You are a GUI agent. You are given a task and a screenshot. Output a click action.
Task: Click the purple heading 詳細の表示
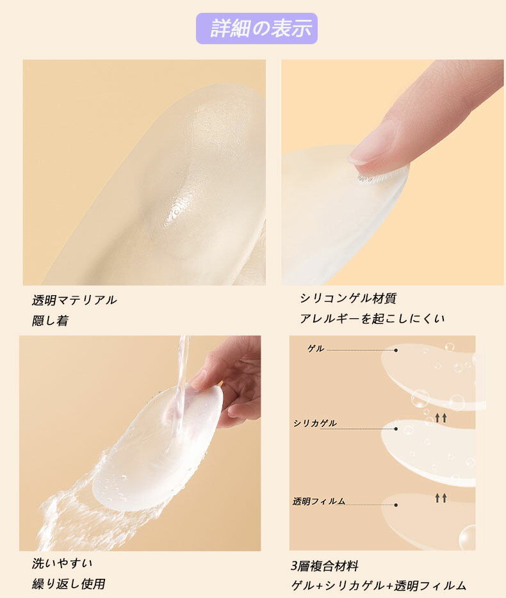pos(261,28)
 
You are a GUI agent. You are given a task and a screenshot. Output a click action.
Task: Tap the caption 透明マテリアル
pos(74,300)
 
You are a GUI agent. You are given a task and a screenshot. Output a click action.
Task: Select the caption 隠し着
pos(50,320)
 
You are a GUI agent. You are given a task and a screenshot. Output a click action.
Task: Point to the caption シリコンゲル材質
pos(348,298)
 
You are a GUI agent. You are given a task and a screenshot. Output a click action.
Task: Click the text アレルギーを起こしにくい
pos(372,318)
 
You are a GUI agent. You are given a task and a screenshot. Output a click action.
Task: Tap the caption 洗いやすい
pos(62,563)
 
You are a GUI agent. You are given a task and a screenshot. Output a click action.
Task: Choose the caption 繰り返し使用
pos(69,583)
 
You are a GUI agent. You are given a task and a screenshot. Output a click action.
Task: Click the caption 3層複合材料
pos(325,566)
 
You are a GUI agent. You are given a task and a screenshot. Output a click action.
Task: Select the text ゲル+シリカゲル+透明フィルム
pos(379,585)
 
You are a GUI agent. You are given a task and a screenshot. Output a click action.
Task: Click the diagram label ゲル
pos(316,348)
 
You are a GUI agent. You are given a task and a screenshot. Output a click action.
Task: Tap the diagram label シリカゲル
pos(315,423)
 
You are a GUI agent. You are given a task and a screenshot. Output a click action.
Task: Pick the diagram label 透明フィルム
pos(318,501)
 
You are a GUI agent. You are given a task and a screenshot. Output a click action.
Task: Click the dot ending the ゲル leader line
pos(396,350)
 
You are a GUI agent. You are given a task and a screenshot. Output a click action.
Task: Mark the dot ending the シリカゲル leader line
pos(396,429)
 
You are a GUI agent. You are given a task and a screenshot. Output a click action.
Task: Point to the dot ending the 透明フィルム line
pos(396,505)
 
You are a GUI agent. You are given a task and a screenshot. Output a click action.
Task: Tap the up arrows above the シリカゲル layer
pos(441,417)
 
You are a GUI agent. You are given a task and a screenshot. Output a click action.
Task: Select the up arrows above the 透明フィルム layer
pos(441,497)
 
